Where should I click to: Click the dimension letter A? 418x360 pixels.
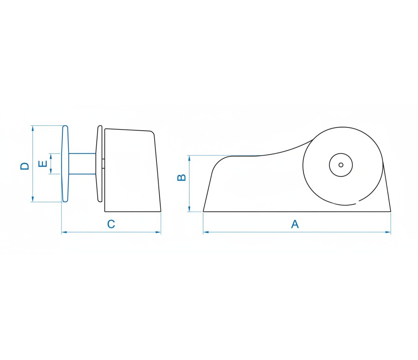click(295, 224)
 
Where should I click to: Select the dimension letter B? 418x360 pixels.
click(182, 177)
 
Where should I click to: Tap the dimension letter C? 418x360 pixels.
click(111, 224)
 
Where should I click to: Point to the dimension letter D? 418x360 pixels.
click(25, 166)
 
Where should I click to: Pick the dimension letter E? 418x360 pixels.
click(43, 164)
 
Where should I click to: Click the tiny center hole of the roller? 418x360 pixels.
click(341, 165)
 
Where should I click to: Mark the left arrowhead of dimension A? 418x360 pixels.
click(205, 232)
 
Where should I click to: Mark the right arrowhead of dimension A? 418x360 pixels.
click(388, 232)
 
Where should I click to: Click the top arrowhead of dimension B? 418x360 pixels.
click(189, 158)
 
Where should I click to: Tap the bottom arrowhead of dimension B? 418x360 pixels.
click(189, 209)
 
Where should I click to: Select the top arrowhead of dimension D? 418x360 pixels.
click(33, 128)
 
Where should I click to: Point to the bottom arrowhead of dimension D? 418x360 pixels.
click(33, 199)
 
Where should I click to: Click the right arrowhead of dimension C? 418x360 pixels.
click(159, 232)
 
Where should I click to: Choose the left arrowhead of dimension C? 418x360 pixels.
click(64, 232)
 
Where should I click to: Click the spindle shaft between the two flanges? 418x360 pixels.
click(82, 164)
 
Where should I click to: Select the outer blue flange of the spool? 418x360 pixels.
click(65, 164)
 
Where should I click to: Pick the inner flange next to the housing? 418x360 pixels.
click(99, 164)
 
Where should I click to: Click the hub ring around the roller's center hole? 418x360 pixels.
click(341, 153)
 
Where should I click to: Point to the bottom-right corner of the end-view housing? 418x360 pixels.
click(161, 212)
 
